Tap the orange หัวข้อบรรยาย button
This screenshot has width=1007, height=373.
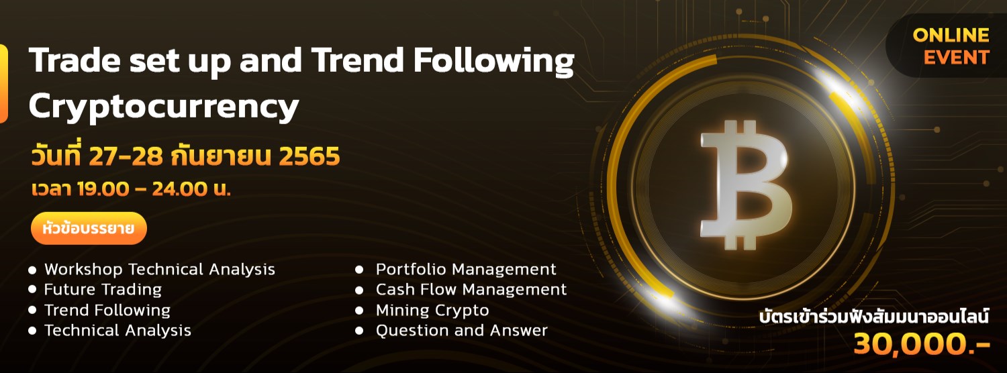pyautogui.click(x=88, y=229)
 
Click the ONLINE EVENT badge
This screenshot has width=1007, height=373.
pyautogui.click(x=951, y=46)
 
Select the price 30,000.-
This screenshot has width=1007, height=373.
pyautogui.click(x=921, y=344)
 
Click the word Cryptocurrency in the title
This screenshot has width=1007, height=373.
pyautogui.click(x=164, y=105)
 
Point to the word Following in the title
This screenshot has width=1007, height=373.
pyautogui.click(x=493, y=61)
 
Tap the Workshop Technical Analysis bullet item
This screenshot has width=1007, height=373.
pyautogui.click(x=159, y=270)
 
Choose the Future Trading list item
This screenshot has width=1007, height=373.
pyautogui.click(x=103, y=290)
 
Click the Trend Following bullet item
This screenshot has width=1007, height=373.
pyautogui.click(x=107, y=311)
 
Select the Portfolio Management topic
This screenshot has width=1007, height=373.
pyautogui.click(x=465, y=270)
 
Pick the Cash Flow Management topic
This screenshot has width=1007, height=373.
pyautogui.click(x=471, y=290)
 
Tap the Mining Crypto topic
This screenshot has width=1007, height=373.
pyautogui.click(x=432, y=311)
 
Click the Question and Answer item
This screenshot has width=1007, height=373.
pyautogui.click(x=461, y=331)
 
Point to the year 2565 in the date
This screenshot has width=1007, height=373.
pyautogui.click(x=309, y=156)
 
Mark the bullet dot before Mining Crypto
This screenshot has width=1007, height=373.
pyautogui.click(x=360, y=311)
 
